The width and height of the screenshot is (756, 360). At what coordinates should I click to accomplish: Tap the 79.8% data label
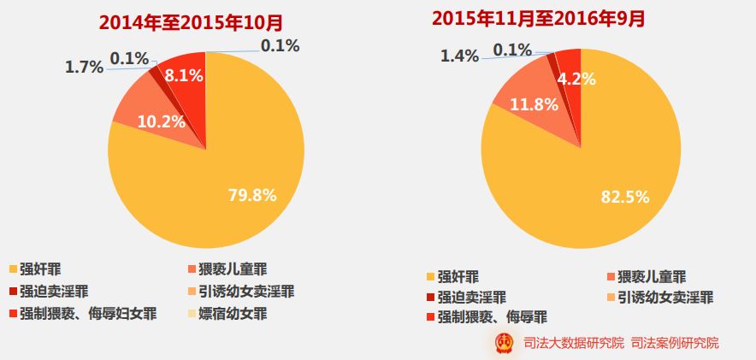point(252,195)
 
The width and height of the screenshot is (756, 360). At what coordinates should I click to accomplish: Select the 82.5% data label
point(624,197)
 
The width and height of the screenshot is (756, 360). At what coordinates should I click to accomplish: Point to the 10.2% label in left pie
point(162,121)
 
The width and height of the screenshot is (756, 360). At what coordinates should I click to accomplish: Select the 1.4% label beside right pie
point(461,56)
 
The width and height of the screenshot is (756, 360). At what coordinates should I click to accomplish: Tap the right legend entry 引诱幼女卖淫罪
point(665,297)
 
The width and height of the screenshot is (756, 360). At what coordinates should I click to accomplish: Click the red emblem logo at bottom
point(505,343)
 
